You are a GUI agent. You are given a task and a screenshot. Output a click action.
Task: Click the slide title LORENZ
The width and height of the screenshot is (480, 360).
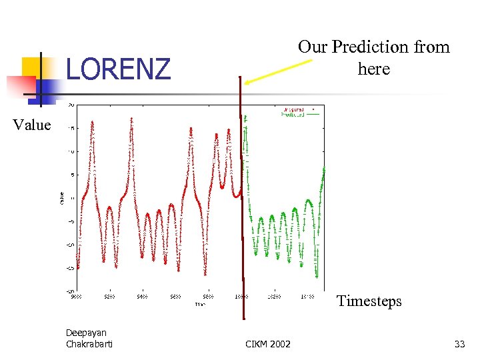[x=118, y=69]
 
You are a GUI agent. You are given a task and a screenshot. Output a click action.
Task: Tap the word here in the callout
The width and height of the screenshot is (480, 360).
[x=373, y=69]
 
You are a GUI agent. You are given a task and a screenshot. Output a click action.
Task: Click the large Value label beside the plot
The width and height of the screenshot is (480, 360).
[x=31, y=125]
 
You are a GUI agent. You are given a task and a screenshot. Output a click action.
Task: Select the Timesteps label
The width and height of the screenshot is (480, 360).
[x=369, y=301]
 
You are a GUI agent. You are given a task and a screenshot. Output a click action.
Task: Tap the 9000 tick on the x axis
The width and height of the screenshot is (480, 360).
[x=77, y=297]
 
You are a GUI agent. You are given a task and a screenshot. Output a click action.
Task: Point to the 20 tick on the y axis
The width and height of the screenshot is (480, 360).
[x=71, y=105]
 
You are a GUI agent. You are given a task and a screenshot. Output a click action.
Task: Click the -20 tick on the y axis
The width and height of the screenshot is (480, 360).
[x=70, y=291]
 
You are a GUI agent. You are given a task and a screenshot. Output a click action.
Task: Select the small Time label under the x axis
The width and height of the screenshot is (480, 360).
[x=201, y=303]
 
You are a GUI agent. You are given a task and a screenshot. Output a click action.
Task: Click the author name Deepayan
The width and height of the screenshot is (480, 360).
[x=86, y=333]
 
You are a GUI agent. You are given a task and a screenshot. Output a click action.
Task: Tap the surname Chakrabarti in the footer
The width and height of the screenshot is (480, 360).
[x=89, y=344]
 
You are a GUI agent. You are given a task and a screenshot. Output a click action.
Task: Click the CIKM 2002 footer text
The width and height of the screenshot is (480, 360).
[x=268, y=344]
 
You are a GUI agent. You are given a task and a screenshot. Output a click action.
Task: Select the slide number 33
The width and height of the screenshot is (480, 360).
[x=459, y=344]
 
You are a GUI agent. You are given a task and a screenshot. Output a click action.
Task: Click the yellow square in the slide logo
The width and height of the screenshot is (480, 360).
[x=33, y=69]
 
